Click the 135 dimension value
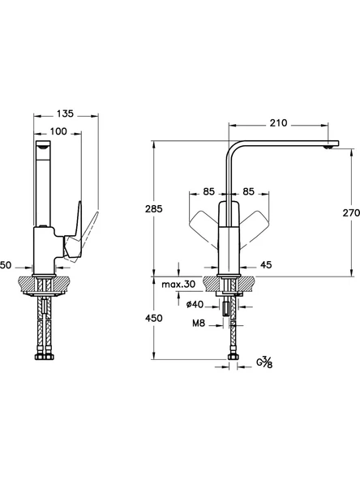(65, 114)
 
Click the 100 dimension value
(58, 131)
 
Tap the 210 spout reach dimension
(278, 123)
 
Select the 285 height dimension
(154, 209)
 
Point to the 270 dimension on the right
(351, 212)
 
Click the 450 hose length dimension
(154, 318)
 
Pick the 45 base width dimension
(265, 265)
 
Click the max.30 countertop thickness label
(178, 285)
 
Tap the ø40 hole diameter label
(195, 304)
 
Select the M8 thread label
(199, 323)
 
